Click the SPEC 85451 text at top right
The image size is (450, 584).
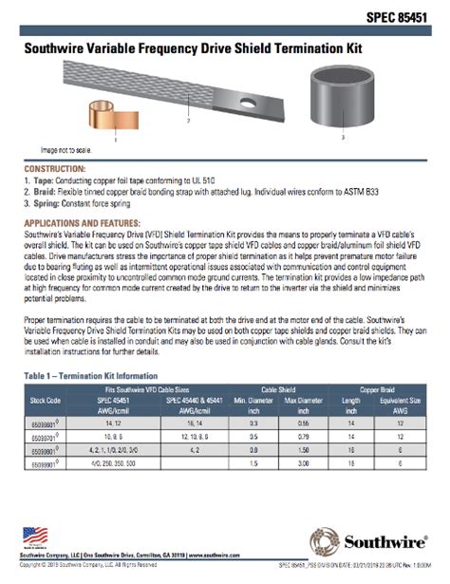pos(396,16)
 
